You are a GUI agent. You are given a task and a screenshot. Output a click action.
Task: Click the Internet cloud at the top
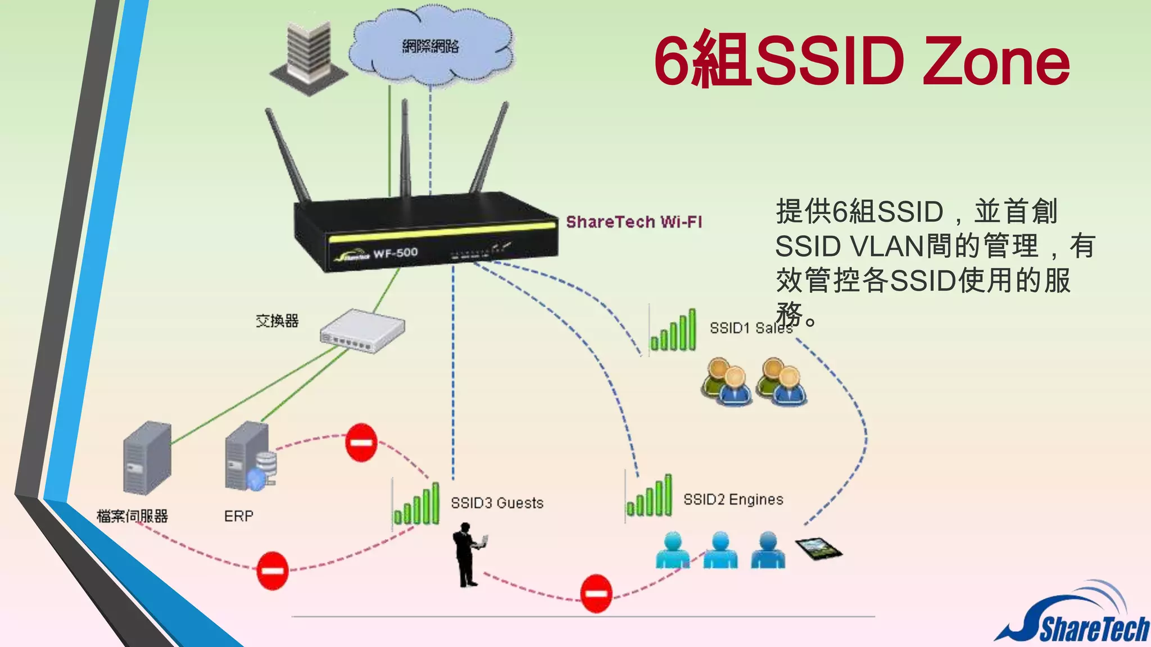(431, 47)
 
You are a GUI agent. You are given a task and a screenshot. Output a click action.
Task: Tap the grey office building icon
(308, 56)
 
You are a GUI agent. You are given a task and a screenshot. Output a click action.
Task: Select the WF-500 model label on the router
(395, 253)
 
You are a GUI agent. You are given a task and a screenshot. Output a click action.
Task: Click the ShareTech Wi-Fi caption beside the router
(634, 222)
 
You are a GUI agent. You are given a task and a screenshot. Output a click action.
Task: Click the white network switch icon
(362, 331)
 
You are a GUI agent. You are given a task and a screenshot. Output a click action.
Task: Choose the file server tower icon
(147, 457)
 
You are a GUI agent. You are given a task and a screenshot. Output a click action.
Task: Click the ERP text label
(239, 516)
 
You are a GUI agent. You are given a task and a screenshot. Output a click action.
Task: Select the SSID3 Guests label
(497, 503)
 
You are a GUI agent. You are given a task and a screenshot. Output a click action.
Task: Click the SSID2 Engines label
(733, 499)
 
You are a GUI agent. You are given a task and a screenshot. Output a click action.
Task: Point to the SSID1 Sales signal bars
(673, 331)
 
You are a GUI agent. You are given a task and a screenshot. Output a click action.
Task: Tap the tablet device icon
(819, 548)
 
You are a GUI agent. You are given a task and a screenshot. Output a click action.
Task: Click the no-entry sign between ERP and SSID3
(361, 442)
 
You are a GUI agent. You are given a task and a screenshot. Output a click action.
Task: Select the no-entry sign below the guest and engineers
(596, 593)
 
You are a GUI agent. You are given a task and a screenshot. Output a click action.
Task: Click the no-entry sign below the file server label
(273, 571)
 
